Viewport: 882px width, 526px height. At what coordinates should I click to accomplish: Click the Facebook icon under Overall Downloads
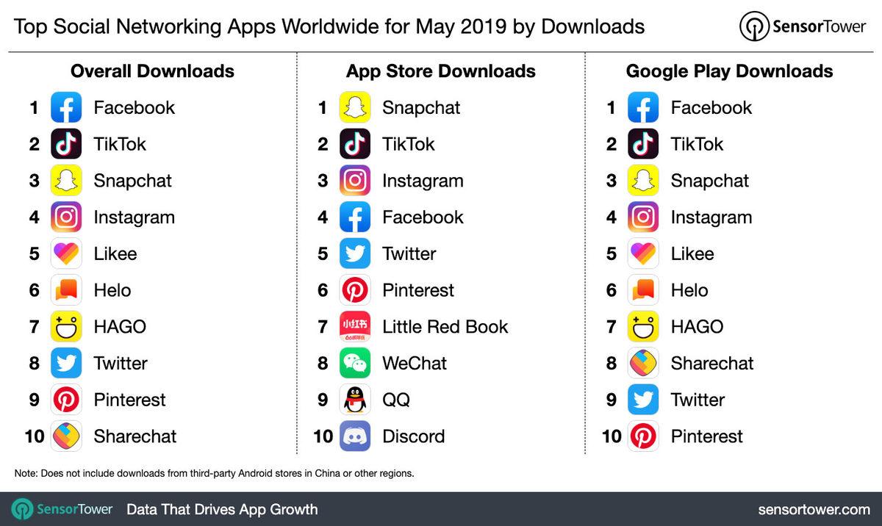(x=66, y=107)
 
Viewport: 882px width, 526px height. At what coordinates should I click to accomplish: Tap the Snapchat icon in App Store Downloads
(x=355, y=107)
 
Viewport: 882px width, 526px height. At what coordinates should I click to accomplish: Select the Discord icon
(x=355, y=436)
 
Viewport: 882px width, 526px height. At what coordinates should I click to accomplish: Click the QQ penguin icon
(x=355, y=400)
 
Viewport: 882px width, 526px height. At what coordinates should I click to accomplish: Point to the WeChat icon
(x=355, y=363)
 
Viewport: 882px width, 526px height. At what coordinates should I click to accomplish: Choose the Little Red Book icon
(x=355, y=327)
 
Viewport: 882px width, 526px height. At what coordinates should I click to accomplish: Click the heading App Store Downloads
(x=440, y=71)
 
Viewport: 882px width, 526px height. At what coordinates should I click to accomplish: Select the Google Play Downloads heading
(x=729, y=71)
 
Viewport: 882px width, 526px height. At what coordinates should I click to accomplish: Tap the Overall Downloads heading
(x=152, y=71)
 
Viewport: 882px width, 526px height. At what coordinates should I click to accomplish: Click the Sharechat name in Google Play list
(x=711, y=363)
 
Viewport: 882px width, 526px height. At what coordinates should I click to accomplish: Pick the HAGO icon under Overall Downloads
(x=66, y=327)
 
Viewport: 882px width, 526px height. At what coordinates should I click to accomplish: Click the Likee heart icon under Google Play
(x=643, y=253)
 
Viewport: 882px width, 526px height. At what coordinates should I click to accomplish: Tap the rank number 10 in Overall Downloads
(x=35, y=436)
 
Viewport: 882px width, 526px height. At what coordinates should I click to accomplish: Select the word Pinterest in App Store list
(x=418, y=290)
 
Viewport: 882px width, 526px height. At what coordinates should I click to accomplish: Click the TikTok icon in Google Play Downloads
(x=643, y=144)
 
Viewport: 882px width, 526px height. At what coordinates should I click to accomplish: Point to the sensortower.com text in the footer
(x=814, y=509)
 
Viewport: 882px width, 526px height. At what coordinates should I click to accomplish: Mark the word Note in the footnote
(x=25, y=473)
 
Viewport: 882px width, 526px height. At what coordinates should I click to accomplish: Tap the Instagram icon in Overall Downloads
(x=66, y=217)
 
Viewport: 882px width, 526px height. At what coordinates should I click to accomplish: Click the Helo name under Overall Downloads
(x=112, y=290)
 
